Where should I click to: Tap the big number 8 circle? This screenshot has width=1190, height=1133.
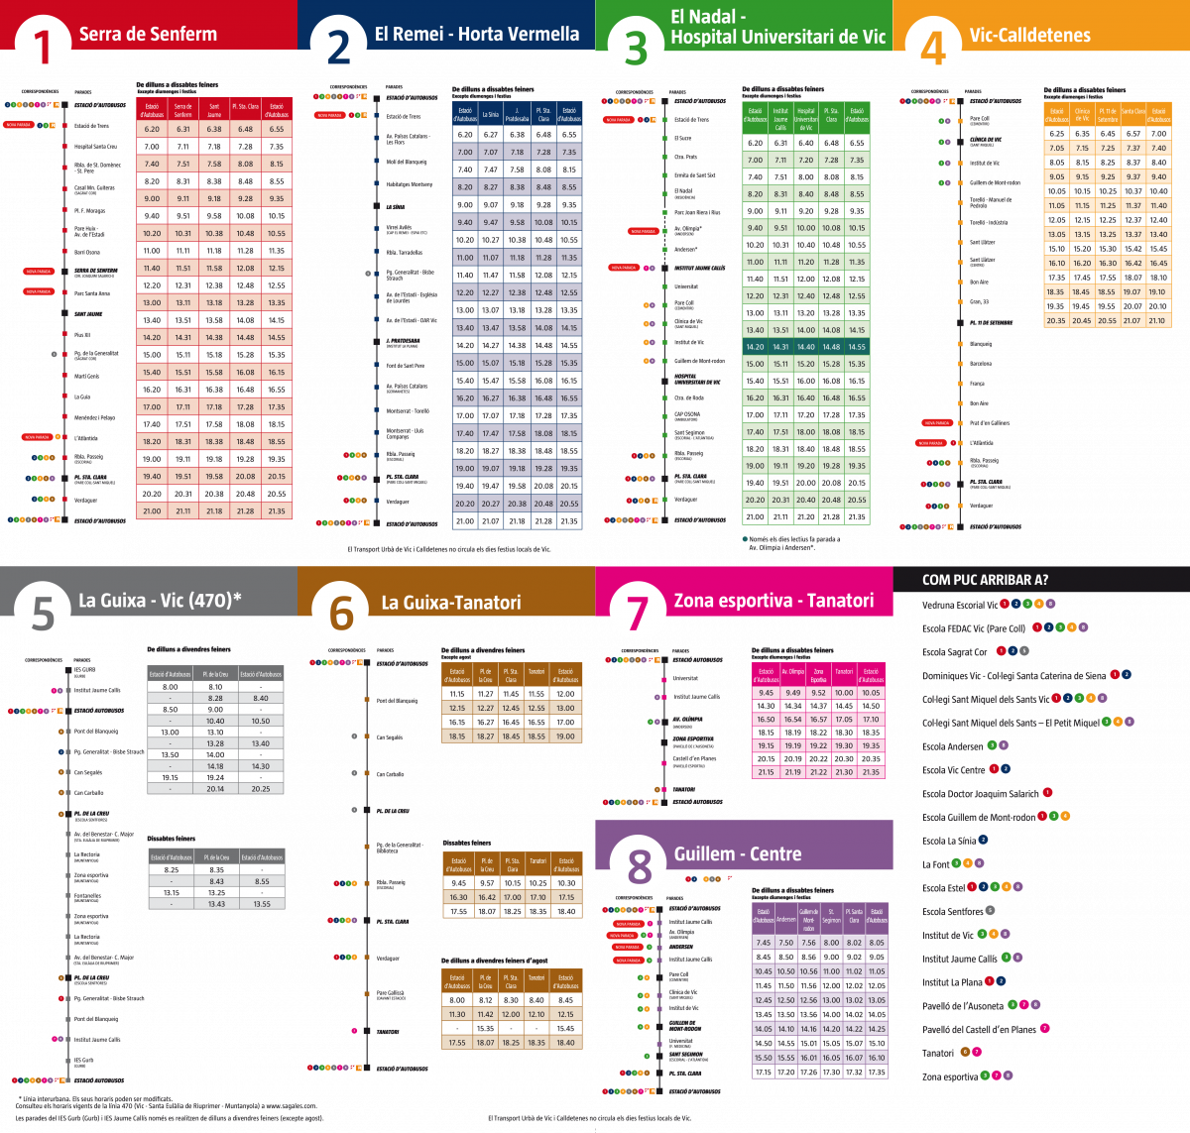(x=640, y=864)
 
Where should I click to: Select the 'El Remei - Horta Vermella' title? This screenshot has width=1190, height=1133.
(x=476, y=34)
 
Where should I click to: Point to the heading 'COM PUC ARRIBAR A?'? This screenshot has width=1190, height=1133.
(x=985, y=580)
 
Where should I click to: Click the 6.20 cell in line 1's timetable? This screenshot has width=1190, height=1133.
(x=152, y=129)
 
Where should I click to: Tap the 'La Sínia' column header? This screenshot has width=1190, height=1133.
(x=490, y=113)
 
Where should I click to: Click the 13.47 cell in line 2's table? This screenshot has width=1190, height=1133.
(x=490, y=327)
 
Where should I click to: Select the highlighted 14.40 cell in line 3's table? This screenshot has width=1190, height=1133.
(x=805, y=347)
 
